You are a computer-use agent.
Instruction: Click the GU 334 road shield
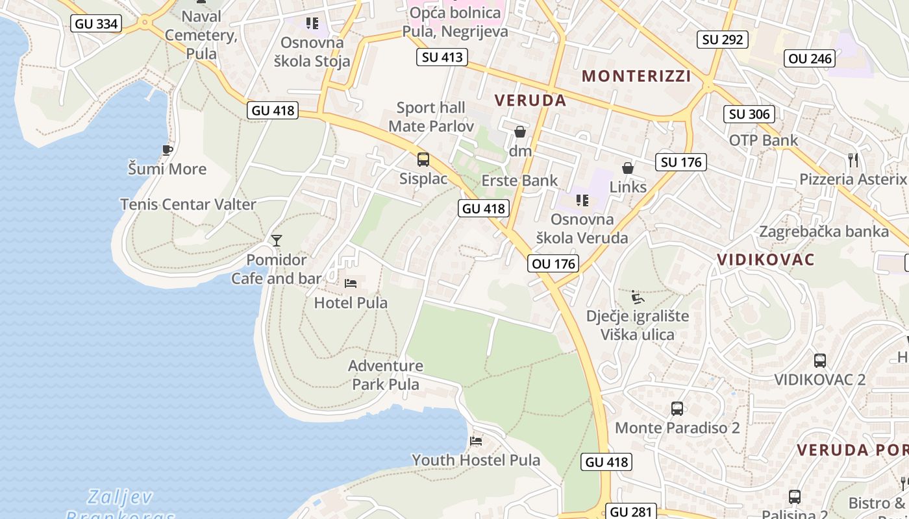pyautogui.click(x=96, y=24)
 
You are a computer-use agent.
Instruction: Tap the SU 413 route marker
pyautogui.click(x=442, y=57)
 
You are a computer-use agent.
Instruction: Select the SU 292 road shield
pyautogui.click(x=722, y=40)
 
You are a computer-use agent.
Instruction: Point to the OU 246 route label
pyautogui.click(x=809, y=58)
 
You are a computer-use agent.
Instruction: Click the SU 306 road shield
pyautogui.click(x=749, y=114)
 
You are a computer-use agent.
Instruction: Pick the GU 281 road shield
pyautogui.click(x=632, y=511)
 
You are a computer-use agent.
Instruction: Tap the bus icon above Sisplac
pyautogui.click(x=423, y=159)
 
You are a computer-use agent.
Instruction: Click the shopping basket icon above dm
pyautogui.click(x=520, y=132)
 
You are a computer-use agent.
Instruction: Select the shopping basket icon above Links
pyautogui.click(x=628, y=168)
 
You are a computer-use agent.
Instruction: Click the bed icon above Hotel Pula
pyautogui.click(x=351, y=284)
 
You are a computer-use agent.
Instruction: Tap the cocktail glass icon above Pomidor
pyautogui.click(x=277, y=241)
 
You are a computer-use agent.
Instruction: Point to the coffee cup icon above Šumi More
pyautogui.click(x=167, y=150)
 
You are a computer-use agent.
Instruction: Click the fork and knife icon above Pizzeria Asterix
pyautogui.click(x=853, y=160)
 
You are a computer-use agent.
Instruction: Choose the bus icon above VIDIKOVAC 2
pyautogui.click(x=820, y=361)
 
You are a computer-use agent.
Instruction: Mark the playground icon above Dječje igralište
pyautogui.click(x=638, y=297)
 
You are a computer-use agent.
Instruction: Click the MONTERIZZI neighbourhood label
pyautogui.click(x=636, y=76)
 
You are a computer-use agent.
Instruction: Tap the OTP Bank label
pyautogui.click(x=763, y=140)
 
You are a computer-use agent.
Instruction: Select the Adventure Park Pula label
pyautogui.click(x=386, y=375)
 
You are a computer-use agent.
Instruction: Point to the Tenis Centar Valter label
pyautogui.click(x=188, y=204)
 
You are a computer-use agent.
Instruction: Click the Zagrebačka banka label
pyautogui.click(x=824, y=232)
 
